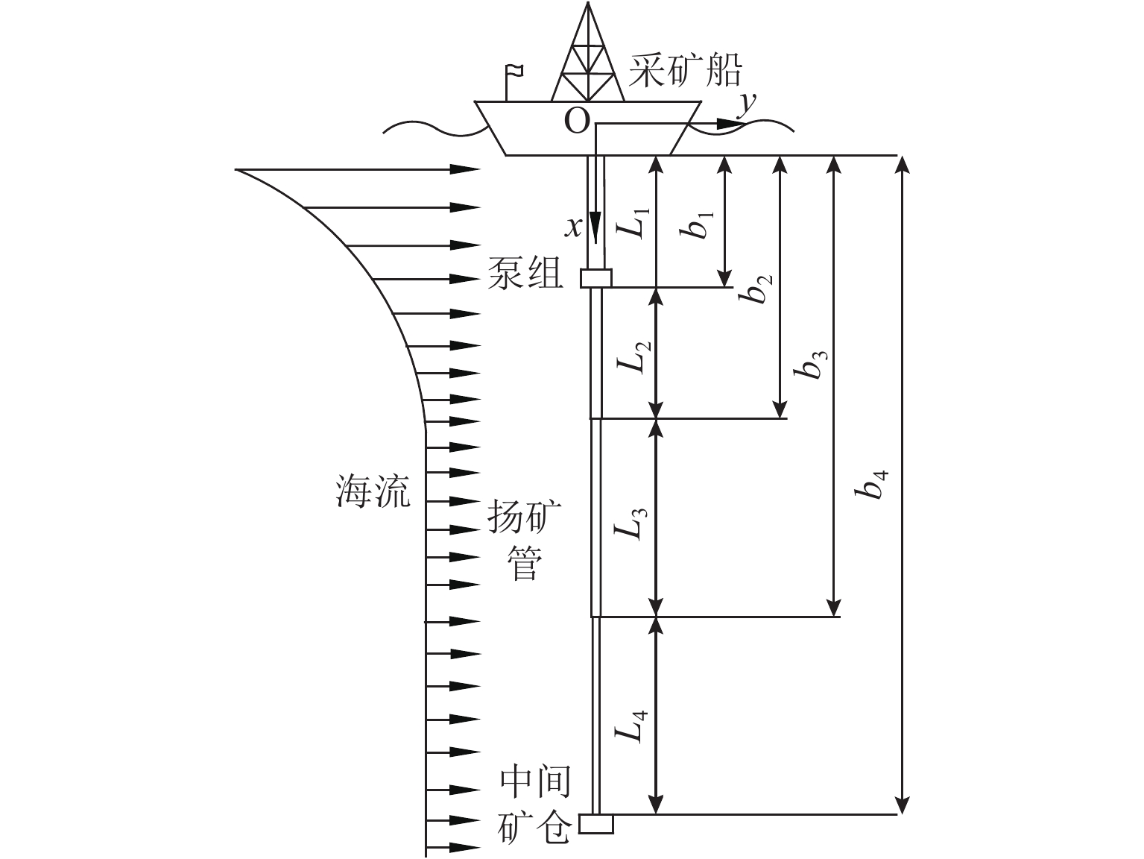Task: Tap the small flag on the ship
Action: click(513, 72)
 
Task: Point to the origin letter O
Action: click(576, 120)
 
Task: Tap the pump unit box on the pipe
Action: click(596, 278)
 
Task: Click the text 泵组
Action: click(525, 274)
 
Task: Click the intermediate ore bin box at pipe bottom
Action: click(596, 823)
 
